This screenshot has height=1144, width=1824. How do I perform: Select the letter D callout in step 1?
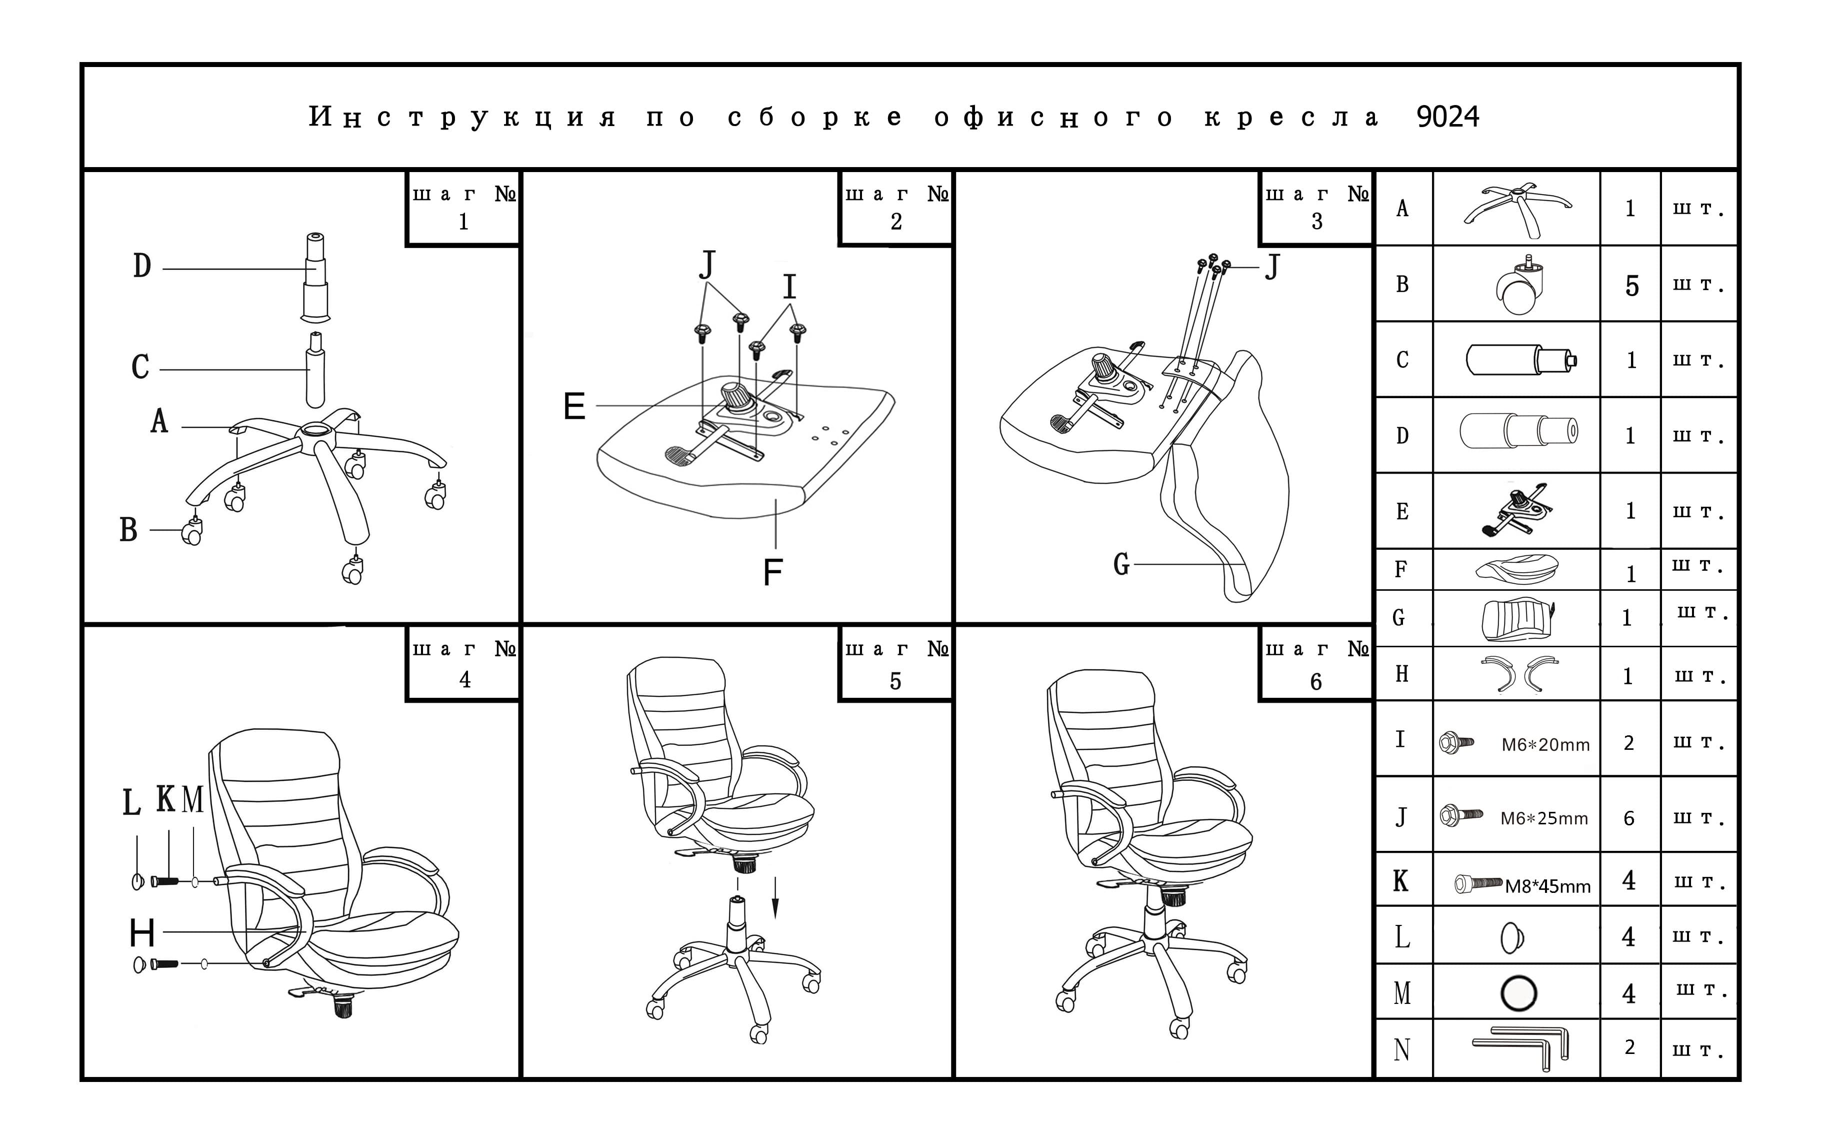pyautogui.click(x=142, y=266)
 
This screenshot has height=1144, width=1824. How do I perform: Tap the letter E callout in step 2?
pyautogui.click(x=574, y=406)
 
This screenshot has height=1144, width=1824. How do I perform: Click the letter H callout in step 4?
pyautogui.click(x=142, y=933)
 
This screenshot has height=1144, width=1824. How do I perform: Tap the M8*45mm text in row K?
pyautogui.click(x=1547, y=886)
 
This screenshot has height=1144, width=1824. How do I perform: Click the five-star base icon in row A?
pyautogui.click(x=1517, y=205)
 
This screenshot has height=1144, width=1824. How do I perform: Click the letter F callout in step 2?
pyautogui.click(x=772, y=572)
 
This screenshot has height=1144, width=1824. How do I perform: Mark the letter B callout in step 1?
pyautogui.click(x=128, y=530)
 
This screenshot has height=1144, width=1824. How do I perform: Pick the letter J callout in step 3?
pyautogui.click(x=1272, y=267)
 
